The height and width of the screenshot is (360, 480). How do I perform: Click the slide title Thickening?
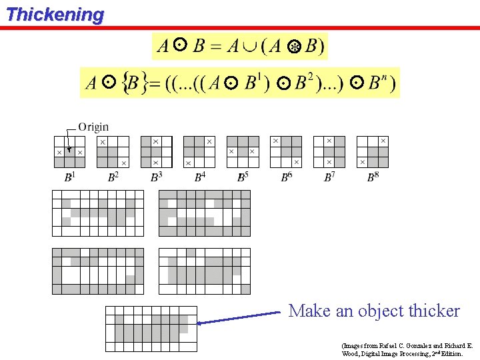55,14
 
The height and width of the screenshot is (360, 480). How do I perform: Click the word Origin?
93,127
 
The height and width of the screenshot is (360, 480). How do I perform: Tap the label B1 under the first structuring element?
69,177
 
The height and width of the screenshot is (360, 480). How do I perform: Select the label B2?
113,177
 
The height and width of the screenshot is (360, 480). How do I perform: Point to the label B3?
156,177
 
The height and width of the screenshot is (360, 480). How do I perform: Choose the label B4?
199,177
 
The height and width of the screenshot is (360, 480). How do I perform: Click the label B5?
243,177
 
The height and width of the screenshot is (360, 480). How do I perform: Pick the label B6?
286,177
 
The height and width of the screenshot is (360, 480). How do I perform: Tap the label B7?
329,177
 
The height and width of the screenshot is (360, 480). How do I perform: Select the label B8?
373,177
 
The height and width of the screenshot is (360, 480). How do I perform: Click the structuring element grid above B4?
199,151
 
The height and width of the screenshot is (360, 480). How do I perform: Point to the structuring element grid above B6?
286,151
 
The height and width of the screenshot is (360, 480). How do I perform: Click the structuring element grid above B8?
373,151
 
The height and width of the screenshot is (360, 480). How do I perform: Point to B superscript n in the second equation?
378,83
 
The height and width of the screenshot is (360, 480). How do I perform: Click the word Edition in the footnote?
450,353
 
